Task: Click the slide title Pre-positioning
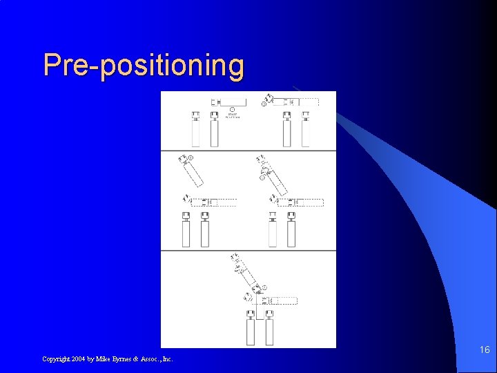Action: point(144,66)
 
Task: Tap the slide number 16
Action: point(485,350)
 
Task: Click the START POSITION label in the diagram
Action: point(233,116)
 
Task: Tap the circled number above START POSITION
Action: point(233,109)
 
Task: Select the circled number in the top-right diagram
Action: point(264,104)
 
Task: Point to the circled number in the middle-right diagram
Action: point(262,178)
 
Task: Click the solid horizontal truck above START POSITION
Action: point(228,102)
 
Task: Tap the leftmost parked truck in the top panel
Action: point(195,129)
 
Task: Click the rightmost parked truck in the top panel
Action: point(304,129)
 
